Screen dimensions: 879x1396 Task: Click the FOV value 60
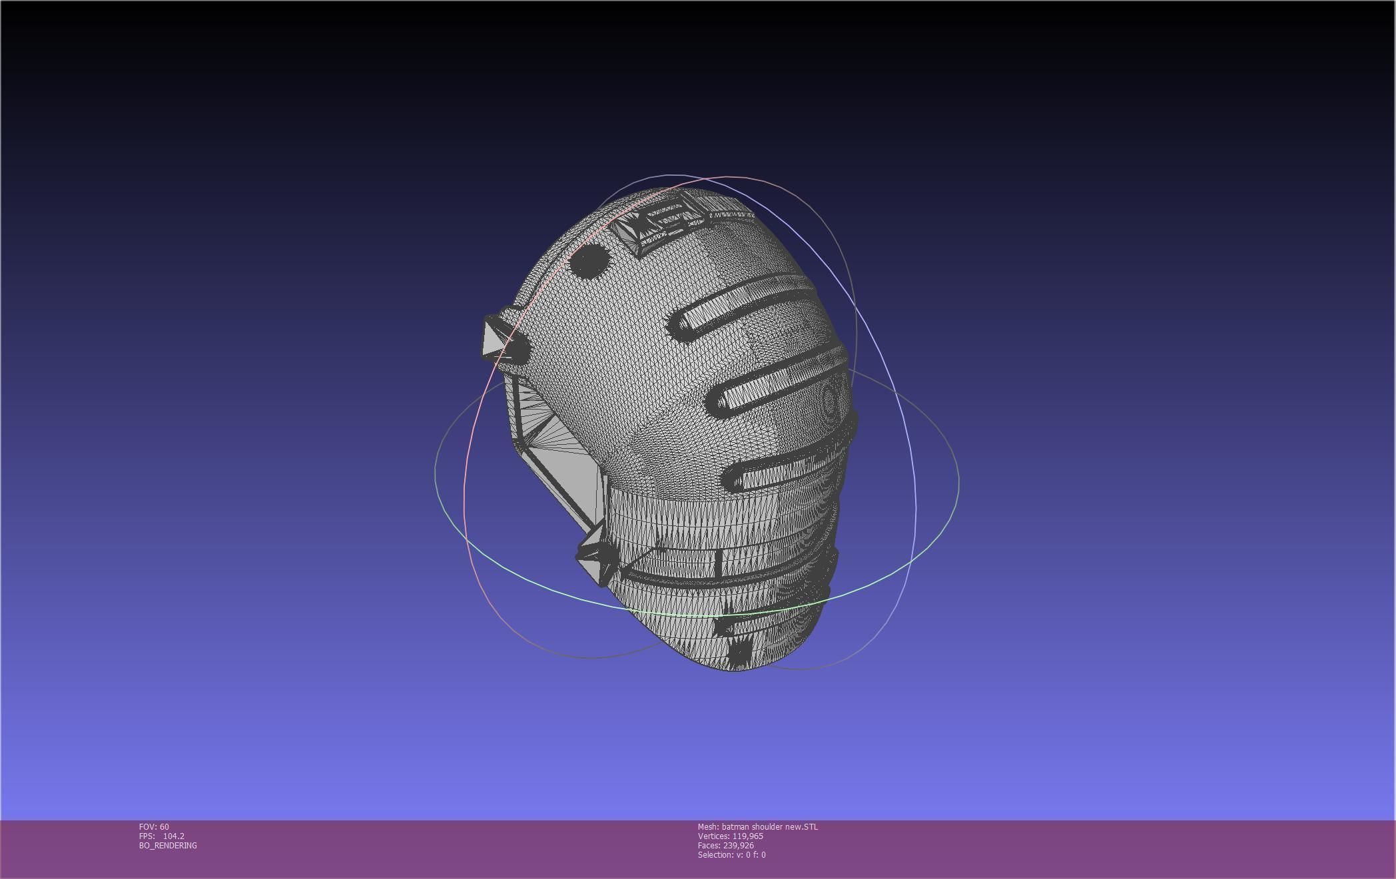(x=164, y=827)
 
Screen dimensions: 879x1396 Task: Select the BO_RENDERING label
(x=168, y=846)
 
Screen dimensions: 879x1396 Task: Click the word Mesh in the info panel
(x=707, y=827)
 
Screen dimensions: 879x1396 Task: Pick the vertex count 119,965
(x=747, y=836)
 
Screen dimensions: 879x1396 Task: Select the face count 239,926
(x=738, y=846)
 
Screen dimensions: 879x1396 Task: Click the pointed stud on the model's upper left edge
(x=496, y=336)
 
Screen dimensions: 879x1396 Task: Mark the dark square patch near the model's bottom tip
(x=739, y=649)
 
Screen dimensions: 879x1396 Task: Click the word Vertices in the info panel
(x=713, y=836)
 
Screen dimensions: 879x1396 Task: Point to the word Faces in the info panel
(x=709, y=846)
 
